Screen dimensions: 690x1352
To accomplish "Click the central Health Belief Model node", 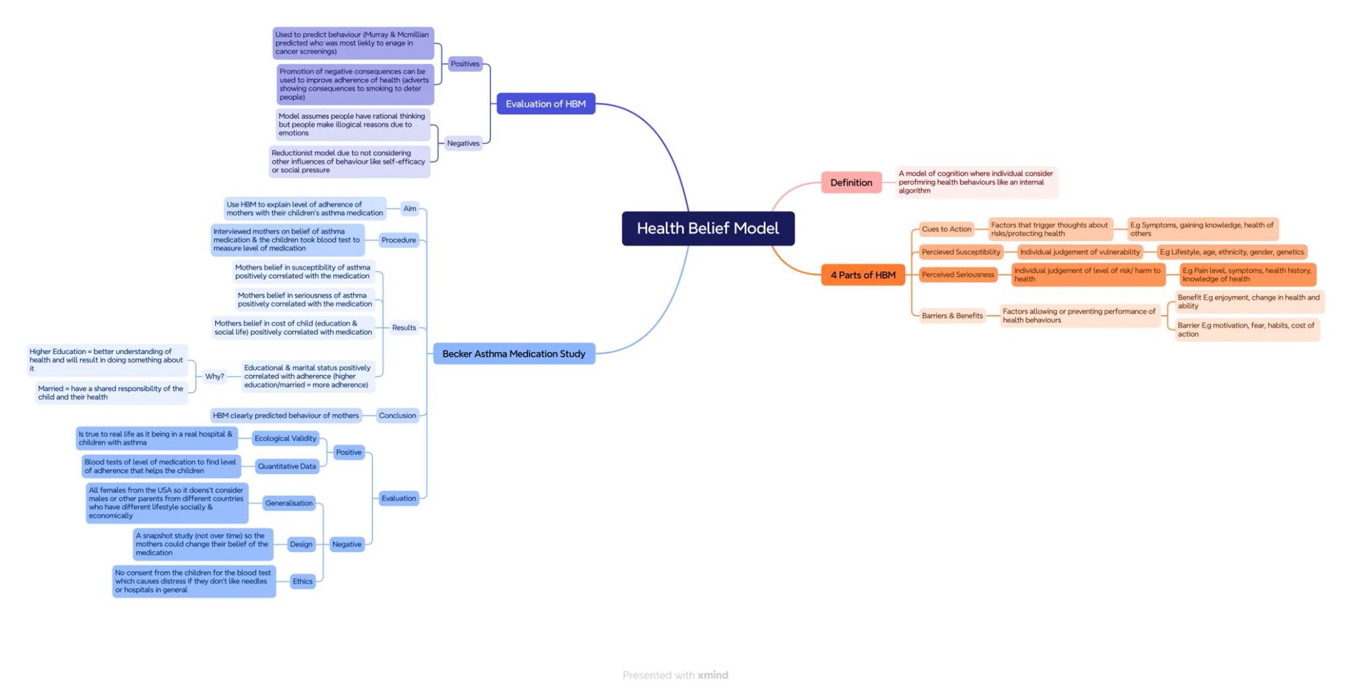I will (x=708, y=228).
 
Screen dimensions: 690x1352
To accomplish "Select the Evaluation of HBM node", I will (x=545, y=104).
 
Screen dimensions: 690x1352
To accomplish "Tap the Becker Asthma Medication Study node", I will (x=514, y=354).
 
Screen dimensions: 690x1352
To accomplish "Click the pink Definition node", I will (x=851, y=183).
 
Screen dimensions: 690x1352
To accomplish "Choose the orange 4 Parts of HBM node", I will (x=863, y=275).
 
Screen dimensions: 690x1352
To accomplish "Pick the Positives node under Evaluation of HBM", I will (x=465, y=64).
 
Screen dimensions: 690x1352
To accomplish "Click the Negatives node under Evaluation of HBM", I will (x=463, y=143).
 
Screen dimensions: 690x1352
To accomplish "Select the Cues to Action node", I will (x=946, y=229).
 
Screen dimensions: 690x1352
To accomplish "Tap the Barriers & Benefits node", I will (x=952, y=316).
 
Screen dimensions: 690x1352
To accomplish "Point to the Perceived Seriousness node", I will (x=957, y=275).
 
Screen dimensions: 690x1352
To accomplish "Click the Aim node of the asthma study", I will (x=410, y=209).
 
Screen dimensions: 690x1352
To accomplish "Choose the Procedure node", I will (x=399, y=240).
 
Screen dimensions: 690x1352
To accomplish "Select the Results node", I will (x=404, y=328).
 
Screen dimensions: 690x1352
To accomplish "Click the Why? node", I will (x=215, y=376).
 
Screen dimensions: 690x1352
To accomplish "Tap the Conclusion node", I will (x=397, y=415).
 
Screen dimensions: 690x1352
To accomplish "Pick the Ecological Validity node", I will (x=285, y=438).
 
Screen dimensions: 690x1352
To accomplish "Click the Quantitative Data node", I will (x=287, y=466).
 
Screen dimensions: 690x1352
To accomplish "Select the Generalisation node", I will (x=288, y=503).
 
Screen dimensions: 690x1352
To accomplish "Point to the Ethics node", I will (x=302, y=582).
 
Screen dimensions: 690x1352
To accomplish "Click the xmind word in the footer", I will (x=712, y=675).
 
